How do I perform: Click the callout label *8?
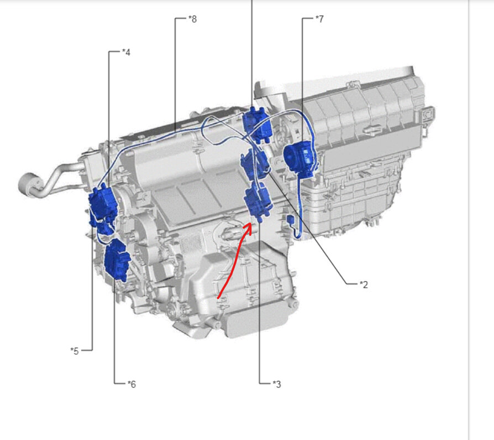click(x=192, y=19)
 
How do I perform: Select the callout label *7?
click(x=319, y=19)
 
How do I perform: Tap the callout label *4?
click(x=126, y=52)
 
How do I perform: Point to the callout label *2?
click(x=364, y=284)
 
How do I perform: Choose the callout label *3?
click(x=276, y=384)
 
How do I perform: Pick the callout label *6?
click(x=132, y=384)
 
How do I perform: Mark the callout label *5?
click(x=75, y=351)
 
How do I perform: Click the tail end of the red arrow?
click(x=218, y=297)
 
